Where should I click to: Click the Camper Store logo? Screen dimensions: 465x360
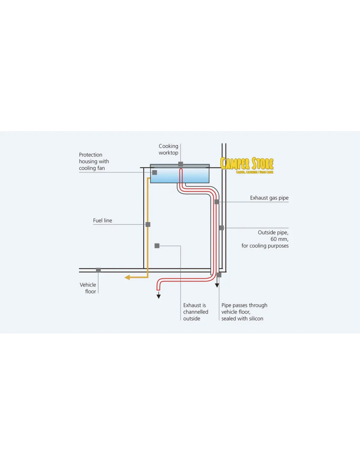(x=247, y=165)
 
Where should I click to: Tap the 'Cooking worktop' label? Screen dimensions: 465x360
(x=168, y=149)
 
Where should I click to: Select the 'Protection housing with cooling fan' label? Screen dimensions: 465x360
(x=94, y=162)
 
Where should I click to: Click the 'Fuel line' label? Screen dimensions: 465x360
(x=102, y=221)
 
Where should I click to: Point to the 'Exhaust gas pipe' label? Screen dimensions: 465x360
(x=269, y=198)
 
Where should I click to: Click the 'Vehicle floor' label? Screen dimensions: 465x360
(x=88, y=288)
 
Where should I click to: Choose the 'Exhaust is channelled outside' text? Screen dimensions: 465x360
(x=195, y=312)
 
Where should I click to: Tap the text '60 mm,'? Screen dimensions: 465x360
(x=279, y=239)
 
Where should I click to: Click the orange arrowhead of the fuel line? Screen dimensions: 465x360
(x=127, y=277)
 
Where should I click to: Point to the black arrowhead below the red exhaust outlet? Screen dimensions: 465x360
(x=159, y=296)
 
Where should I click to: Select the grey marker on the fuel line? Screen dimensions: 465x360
(x=148, y=224)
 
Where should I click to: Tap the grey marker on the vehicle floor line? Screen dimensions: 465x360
(x=98, y=270)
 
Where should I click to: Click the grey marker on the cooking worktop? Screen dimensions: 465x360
(x=181, y=164)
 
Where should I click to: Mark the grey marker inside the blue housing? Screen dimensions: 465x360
(x=155, y=172)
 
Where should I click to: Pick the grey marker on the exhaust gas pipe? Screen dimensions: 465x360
(x=217, y=202)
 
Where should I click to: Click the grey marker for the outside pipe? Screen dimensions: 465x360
(x=222, y=228)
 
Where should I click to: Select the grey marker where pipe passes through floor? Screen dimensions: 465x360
(x=219, y=275)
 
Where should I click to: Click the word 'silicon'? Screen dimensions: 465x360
(x=256, y=319)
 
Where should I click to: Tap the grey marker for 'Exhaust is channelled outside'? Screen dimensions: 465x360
(x=157, y=246)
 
